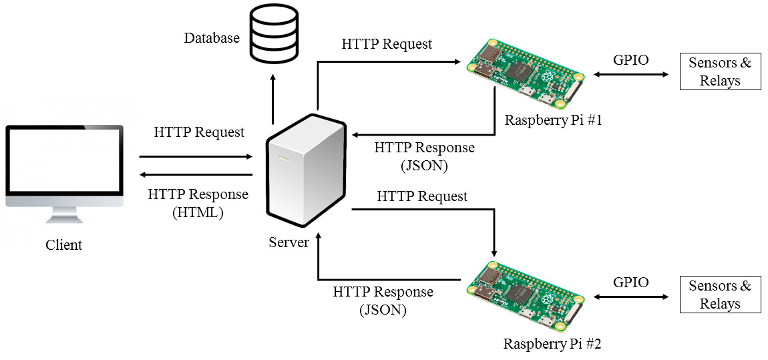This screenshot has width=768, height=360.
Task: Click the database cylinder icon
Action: tap(273, 35)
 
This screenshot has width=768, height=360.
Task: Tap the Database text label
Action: tap(212, 38)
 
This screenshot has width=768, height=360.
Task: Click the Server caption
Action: tap(289, 242)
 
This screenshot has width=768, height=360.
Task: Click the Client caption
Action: tap(64, 245)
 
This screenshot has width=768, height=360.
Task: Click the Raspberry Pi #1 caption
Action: tap(553, 121)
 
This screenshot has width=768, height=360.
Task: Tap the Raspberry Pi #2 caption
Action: tap(552, 345)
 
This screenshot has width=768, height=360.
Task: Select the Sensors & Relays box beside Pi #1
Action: tap(720, 72)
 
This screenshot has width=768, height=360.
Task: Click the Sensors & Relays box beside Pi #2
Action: tap(720, 295)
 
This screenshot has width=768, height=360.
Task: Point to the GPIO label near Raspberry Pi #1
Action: tap(630, 60)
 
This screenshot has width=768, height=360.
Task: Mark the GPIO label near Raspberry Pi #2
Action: tap(630, 283)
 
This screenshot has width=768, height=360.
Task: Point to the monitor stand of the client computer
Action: tap(64, 215)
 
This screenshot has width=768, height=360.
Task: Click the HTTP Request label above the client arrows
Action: tap(199, 132)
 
